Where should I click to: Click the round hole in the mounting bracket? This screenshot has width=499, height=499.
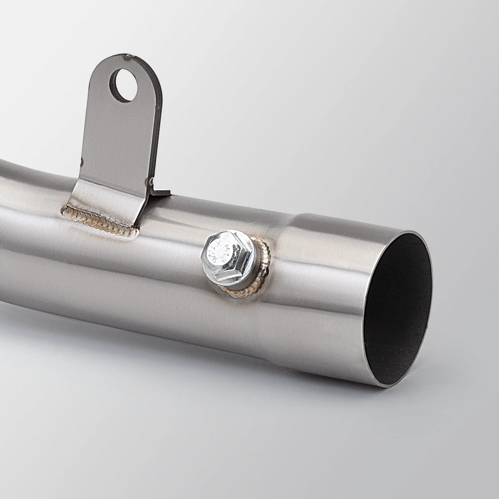pos(123,85)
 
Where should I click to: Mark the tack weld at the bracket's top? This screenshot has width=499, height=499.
pos(129,56)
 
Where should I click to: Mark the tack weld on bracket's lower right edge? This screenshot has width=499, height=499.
pos(148,181)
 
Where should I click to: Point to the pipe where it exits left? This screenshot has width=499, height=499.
pos(15,225)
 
